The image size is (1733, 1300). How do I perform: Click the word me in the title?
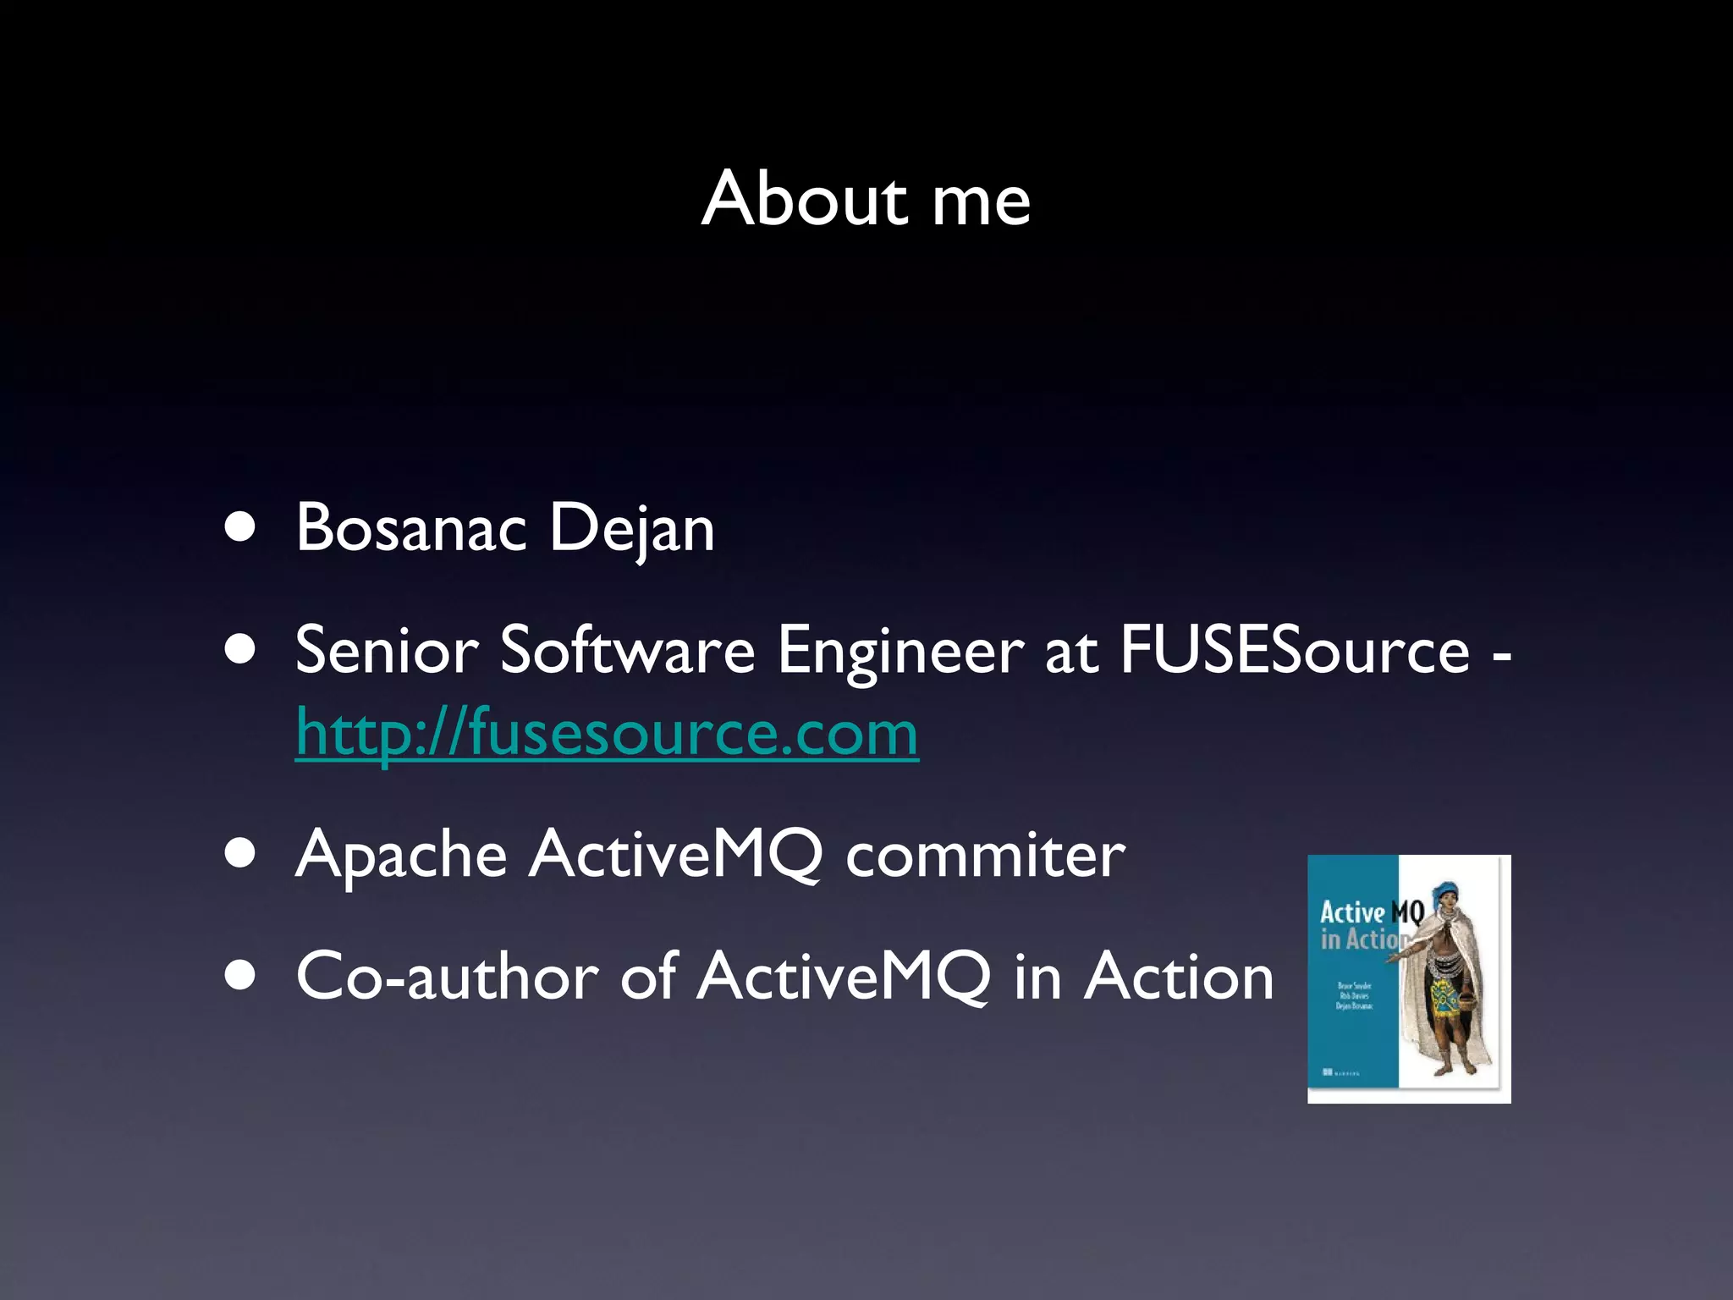(981, 203)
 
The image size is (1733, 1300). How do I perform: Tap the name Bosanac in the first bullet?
(411, 528)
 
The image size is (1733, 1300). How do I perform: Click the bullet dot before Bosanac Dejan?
(241, 528)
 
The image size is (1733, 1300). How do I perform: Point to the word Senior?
(387, 650)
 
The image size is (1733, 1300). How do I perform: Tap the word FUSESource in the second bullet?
(1295, 650)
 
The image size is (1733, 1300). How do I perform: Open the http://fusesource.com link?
(607, 733)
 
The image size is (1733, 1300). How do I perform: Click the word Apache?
(400, 855)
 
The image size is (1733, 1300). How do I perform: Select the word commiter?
(985, 855)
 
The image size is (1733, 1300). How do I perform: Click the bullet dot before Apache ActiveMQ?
(241, 854)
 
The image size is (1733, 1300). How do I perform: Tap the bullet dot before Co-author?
(241, 976)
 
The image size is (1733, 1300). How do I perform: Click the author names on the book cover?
(1354, 996)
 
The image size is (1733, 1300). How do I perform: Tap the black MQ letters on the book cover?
(1407, 912)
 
